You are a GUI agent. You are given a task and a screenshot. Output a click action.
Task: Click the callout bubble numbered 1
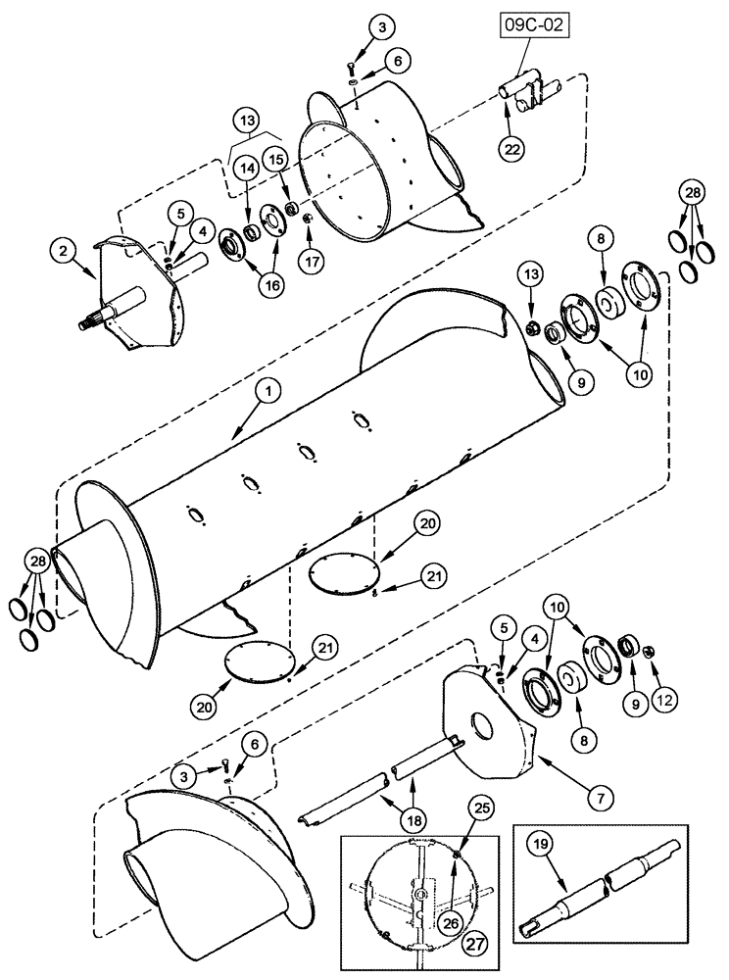pyautogui.click(x=268, y=390)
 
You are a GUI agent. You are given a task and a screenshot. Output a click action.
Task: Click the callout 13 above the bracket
pyautogui.click(x=248, y=122)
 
